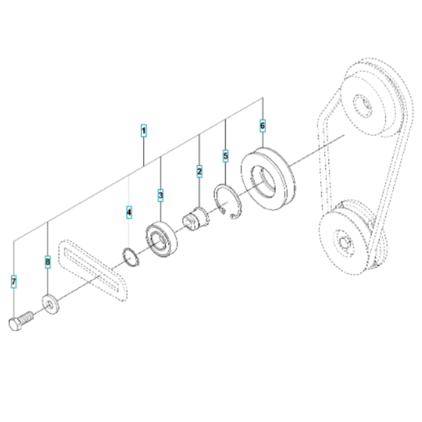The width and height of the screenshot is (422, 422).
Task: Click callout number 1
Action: (143, 131)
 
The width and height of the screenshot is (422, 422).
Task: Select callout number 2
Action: (199, 172)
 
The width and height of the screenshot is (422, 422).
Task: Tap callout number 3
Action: (161, 195)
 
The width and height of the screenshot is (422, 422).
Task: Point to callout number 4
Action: (129, 213)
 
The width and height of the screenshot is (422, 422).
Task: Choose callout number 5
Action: (225, 156)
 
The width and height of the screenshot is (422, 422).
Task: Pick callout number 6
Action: (262, 124)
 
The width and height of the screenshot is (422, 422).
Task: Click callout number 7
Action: (14, 282)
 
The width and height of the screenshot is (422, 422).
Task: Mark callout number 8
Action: (47, 263)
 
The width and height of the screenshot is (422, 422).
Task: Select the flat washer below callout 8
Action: (49, 305)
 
